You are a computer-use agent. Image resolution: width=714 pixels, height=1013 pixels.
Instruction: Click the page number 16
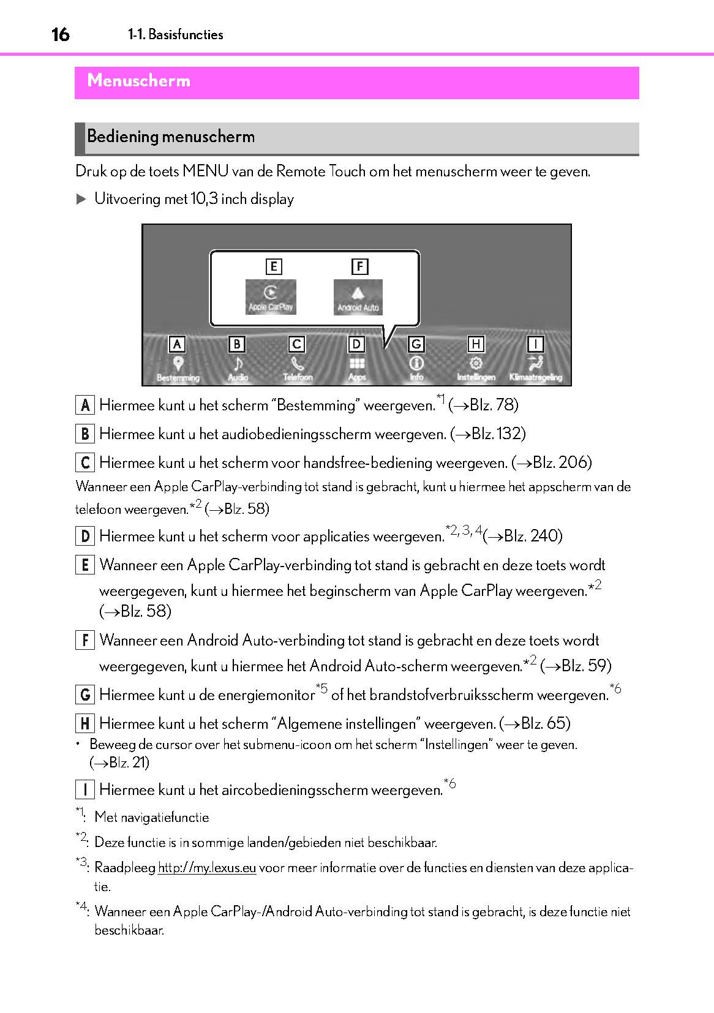pyautogui.click(x=61, y=35)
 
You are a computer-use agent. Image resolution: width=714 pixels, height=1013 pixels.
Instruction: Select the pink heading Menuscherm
pyautogui.click(x=138, y=80)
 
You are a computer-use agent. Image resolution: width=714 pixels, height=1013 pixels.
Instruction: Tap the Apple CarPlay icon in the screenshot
pyautogui.click(x=271, y=297)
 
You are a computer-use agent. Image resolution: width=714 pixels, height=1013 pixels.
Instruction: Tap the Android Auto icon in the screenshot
pyautogui.click(x=358, y=297)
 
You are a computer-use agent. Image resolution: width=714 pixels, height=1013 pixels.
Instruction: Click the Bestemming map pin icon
pyautogui.click(x=178, y=363)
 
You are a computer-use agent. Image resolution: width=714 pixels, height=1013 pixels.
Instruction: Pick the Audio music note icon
pyautogui.click(x=238, y=363)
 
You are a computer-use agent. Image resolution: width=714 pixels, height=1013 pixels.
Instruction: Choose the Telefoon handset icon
pyautogui.click(x=298, y=364)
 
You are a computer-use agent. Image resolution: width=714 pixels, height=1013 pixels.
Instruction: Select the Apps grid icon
pyautogui.click(x=357, y=364)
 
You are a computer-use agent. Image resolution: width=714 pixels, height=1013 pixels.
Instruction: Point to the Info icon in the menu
pyautogui.click(x=416, y=363)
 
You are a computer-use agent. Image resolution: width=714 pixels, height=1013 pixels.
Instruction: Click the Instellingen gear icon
pyautogui.click(x=476, y=364)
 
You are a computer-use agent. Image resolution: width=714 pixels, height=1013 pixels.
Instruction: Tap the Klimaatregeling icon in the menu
pyautogui.click(x=536, y=363)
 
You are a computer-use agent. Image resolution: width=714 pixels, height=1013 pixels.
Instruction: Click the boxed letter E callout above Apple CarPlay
pyautogui.click(x=273, y=266)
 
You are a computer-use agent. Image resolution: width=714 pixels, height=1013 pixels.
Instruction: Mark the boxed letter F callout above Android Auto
pyautogui.click(x=359, y=266)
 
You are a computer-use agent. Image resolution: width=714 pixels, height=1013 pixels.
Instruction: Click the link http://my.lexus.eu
pyautogui.click(x=207, y=868)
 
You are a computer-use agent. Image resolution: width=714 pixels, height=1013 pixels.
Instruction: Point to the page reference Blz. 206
pyautogui.click(x=554, y=462)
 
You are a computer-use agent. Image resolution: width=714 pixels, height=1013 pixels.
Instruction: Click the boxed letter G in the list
pyautogui.click(x=85, y=695)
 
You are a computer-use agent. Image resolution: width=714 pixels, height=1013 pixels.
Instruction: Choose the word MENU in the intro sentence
pyautogui.click(x=206, y=171)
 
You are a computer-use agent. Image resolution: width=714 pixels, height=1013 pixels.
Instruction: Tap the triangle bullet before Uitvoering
pyautogui.click(x=81, y=199)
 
